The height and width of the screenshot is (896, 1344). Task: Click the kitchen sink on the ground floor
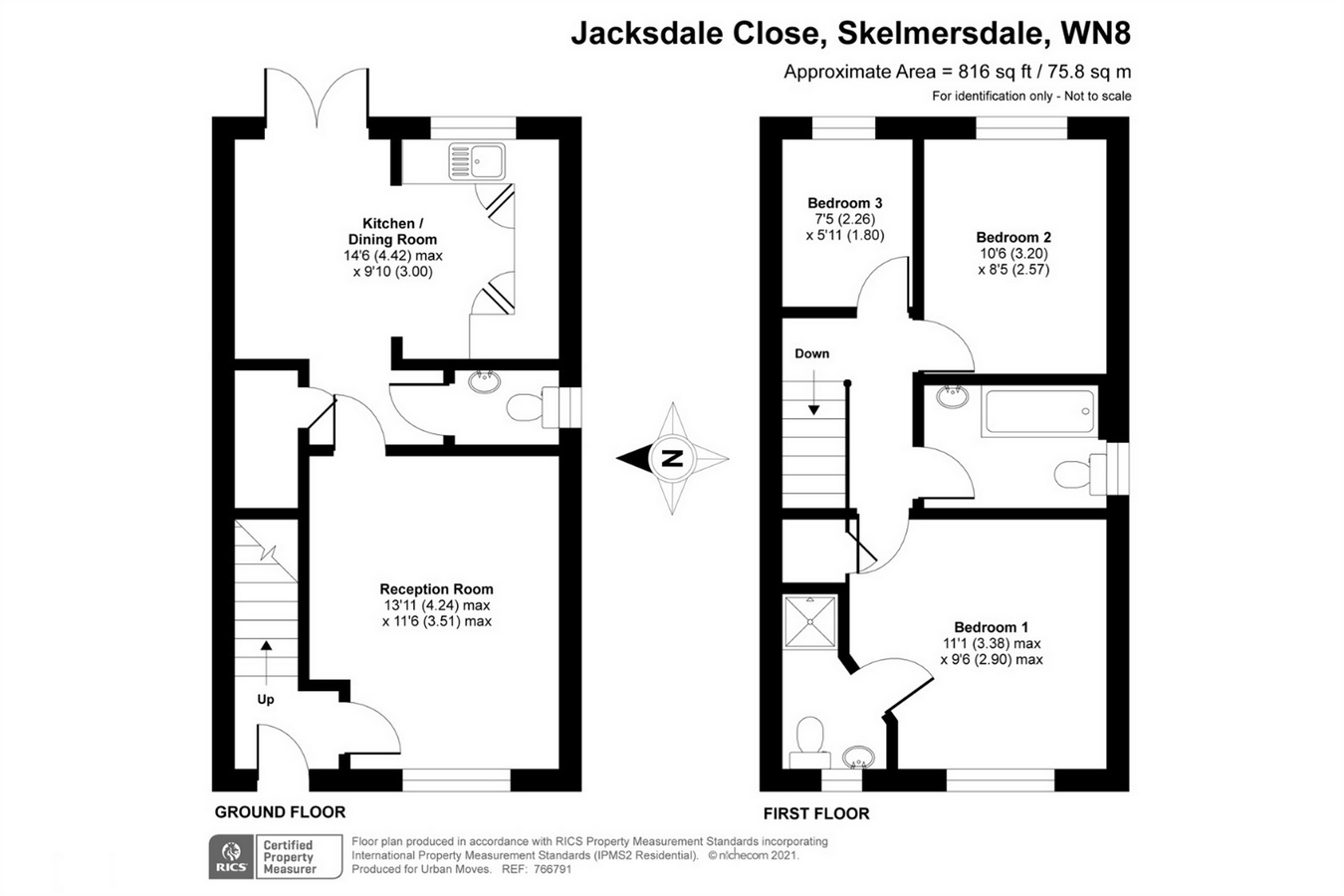477,161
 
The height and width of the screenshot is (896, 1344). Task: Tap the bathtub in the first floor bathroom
1038,412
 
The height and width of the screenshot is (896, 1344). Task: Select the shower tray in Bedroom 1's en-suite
809,621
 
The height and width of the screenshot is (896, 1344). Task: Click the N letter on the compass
672,459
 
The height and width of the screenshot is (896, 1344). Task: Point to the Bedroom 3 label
844,203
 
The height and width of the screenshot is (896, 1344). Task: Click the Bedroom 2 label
1013,237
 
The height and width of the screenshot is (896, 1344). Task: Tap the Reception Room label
436,589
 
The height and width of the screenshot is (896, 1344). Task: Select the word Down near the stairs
811,353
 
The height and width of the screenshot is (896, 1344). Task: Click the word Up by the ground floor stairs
265,700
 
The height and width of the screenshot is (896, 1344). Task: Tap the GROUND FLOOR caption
280,812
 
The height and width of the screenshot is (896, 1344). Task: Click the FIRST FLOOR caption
816,813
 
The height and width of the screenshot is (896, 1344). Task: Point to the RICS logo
231,857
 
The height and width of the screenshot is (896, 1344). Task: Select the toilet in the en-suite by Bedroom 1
809,742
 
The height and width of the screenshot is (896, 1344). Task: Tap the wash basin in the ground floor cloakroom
484,381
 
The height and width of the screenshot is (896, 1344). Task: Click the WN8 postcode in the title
1095,33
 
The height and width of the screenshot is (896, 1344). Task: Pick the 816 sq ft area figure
995,72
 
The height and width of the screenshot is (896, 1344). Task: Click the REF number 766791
552,869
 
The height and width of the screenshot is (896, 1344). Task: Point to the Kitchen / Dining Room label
392,231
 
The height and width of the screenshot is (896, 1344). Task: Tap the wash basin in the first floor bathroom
952,396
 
